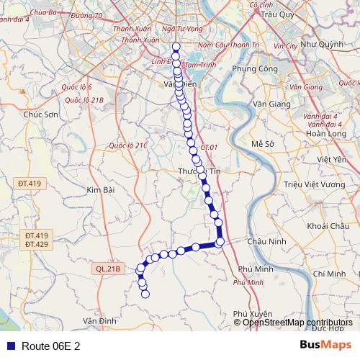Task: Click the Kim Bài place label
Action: tap(100, 189)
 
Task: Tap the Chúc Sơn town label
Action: tap(40, 114)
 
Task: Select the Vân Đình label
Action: tap(99, 320)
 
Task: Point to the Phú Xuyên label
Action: tap(253, 314)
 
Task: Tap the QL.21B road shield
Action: tap(108, 269)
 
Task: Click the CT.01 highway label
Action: tap(210, 147)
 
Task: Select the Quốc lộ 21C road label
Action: tap(128, 145)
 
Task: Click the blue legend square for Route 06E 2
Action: tap(10, 346)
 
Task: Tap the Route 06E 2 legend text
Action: tap(50, 346)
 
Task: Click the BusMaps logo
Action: tap(325, 345)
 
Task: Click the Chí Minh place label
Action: tap(330, 274)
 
